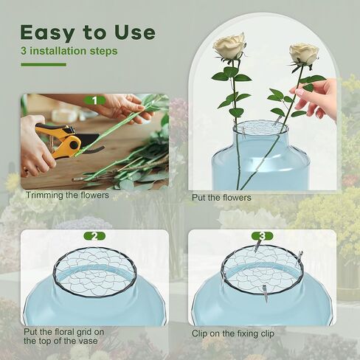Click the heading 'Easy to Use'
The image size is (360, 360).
pos(87,32)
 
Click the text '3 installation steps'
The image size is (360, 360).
pos(69,52)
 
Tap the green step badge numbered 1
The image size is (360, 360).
pos(94,100)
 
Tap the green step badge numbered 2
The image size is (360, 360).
pos(94,236)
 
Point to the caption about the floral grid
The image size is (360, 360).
pos(63,336)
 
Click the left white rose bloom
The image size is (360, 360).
pos(229,46)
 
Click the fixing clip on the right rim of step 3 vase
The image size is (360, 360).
pos(300,258)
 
